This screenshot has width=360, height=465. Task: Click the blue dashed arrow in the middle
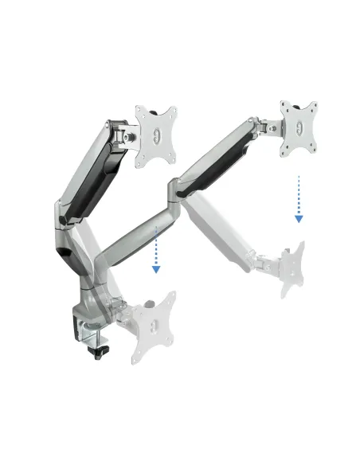tap(157, 251)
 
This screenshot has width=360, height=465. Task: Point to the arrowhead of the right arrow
tap(299, 217)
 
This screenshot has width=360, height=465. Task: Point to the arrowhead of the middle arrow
tap(157, 269)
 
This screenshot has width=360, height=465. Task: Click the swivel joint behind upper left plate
tap(127, 135)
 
